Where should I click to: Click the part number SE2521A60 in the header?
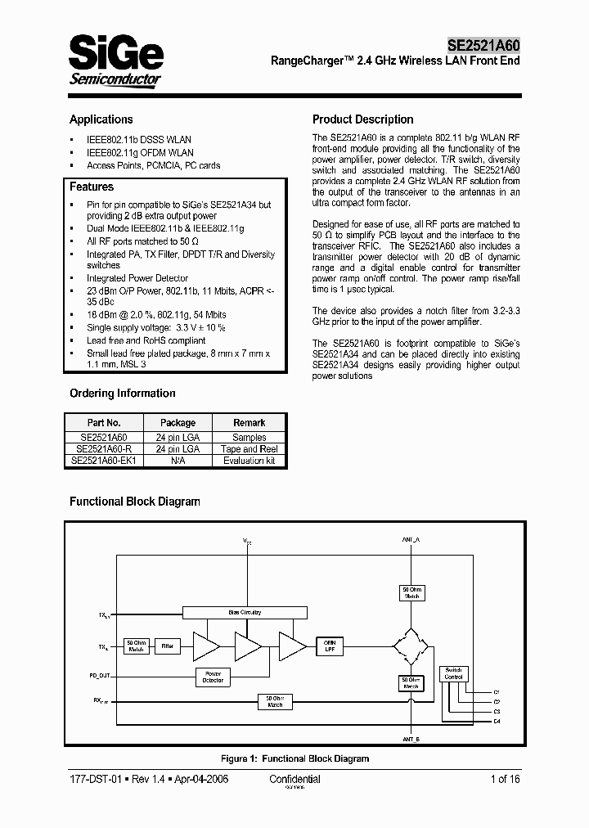coord(483,46)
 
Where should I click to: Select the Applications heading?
coord(101,119)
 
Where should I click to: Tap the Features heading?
coord(92,187)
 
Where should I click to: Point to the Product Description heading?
coord(363,119)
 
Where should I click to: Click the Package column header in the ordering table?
coord(178,423)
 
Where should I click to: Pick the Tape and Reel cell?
coord(249,449)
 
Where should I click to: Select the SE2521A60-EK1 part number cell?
coord(104,461)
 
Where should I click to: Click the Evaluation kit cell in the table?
coord(249,461)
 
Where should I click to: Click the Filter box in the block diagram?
coord(167,646)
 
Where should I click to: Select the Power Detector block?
coord(213,677)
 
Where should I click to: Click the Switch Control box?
coord(453,673)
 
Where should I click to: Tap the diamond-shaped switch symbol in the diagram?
coord(411,647)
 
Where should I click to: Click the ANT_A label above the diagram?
coord(411,541)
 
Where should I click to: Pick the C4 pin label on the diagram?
coord(497,719)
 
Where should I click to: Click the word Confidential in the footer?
coord(294,780)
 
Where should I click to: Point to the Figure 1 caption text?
coord(294,758)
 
